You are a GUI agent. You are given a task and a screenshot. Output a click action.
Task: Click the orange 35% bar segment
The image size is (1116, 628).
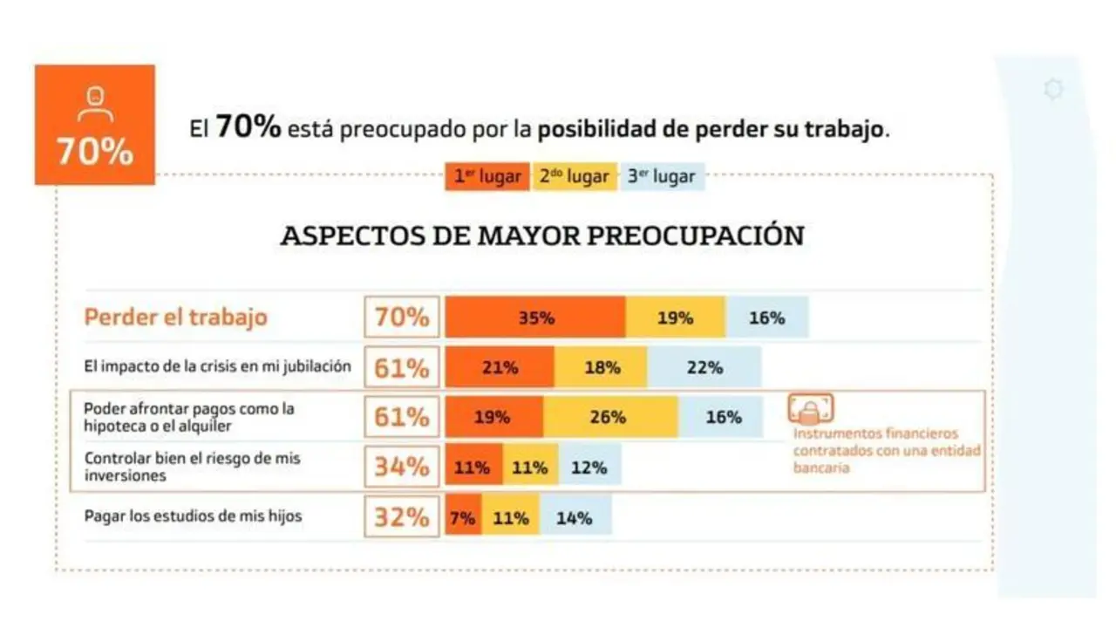click(x=535, y=317)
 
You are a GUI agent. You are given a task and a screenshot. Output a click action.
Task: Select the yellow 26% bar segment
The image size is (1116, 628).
click(x=609, y=417)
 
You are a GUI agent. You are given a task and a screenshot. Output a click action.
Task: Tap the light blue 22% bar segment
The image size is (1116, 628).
click(x=704, y=367)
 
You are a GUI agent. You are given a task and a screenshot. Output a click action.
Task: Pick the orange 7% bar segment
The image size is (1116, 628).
click(x=463, y=517)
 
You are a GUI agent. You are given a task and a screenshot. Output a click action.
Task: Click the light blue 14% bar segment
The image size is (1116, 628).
click(x=575, y=517)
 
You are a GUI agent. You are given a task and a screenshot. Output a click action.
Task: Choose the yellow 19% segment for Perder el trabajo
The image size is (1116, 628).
click(x=675, y=317)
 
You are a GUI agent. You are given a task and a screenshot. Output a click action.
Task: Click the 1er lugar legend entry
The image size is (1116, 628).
click(x=487, y=177)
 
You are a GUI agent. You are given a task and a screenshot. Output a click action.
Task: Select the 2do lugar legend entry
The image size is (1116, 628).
click(x=575, y=177)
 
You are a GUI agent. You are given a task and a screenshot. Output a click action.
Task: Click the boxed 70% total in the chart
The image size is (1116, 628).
click(x=402, y=317)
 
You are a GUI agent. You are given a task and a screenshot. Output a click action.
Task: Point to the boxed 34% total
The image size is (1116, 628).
click(x=402, y=467)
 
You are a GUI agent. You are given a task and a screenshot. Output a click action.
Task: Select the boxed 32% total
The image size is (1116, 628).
click(x=402, y=517)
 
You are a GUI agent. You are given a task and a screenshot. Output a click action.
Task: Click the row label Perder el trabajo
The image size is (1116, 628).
click(x=175, y=317)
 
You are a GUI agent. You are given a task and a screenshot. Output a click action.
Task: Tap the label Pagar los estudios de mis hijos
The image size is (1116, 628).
click(x=193, y=515)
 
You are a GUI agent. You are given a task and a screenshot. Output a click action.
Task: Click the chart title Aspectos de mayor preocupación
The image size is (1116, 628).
click(x=541, y=235)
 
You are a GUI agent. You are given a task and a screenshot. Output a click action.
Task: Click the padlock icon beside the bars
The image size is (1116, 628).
click(x=811, y=408)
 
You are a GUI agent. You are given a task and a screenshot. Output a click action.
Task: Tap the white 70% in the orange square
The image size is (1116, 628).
click(x=95, y=152)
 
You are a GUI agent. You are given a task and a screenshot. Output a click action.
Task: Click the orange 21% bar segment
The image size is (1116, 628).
click(x=500, y=367)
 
